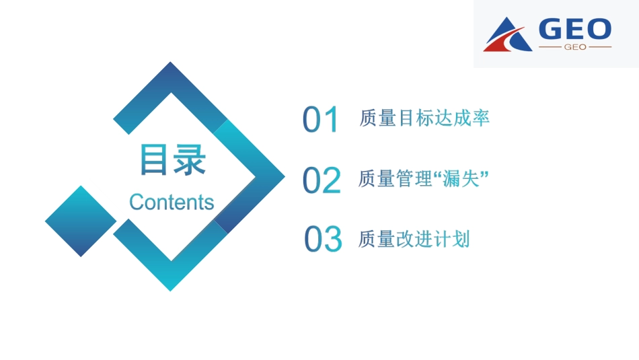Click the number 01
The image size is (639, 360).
321,120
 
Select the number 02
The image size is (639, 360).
322,180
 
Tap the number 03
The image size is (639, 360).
323,240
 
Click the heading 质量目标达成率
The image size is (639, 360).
424,118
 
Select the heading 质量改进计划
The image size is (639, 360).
414,239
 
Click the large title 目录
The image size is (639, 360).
172,160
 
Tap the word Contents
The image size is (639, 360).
172,202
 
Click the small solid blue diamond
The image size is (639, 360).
81,221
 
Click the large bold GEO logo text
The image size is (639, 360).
575,29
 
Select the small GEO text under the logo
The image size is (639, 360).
575,47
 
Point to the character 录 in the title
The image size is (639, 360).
189,160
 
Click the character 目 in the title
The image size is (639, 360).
155,160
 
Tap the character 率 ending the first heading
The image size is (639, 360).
480,118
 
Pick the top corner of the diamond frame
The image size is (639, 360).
171,65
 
